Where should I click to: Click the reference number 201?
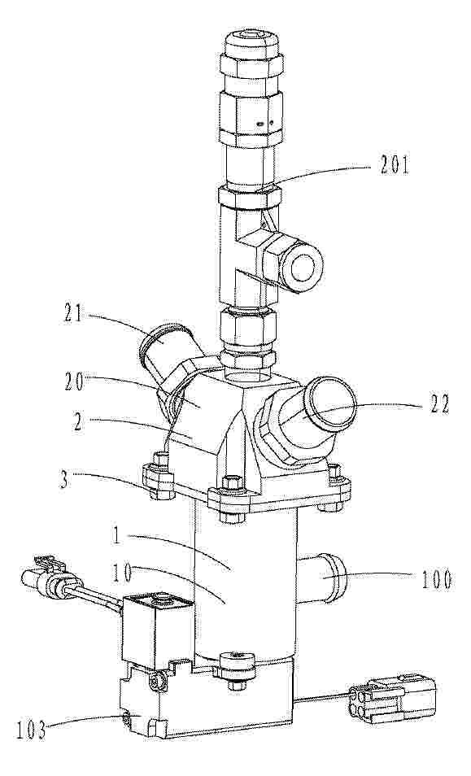click(395, 164)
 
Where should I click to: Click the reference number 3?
click(63, 480)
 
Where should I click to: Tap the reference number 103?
click(30, 730)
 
